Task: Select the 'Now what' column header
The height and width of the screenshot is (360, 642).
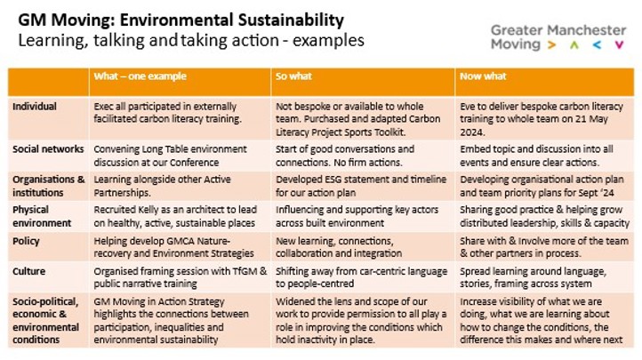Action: [481, 76]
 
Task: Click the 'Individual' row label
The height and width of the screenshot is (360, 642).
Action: [35, 106]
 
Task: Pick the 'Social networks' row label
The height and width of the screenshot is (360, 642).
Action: [48, 149]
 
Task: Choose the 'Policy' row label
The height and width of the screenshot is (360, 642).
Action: [27, 242]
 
